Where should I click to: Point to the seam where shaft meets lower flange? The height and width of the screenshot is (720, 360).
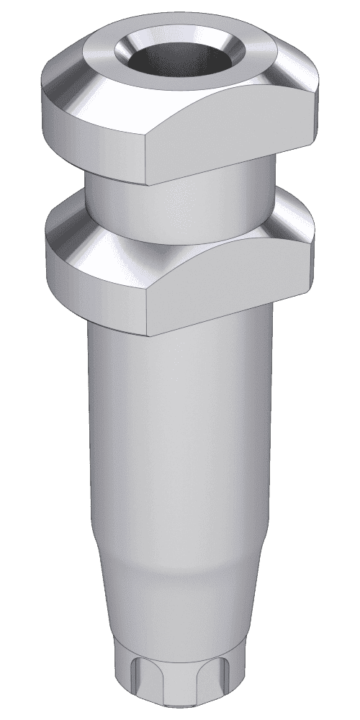click(x=115, y=328)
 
